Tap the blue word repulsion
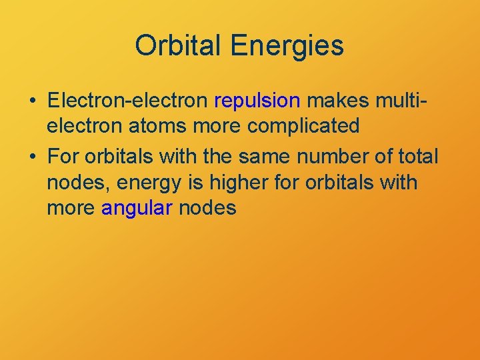point(257,101)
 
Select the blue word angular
point(137,208)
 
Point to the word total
point(417,157)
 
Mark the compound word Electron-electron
point(128,101)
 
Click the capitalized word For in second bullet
point(63,157)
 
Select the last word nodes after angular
point(207,208)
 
